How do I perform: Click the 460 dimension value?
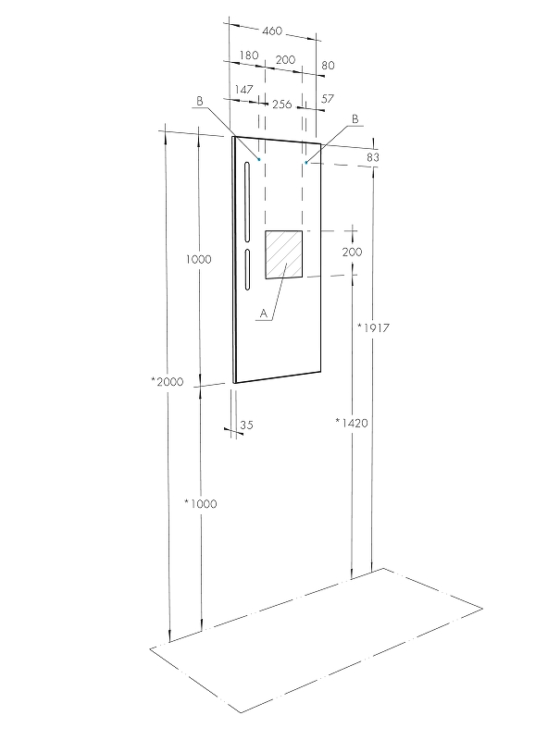point(271,31)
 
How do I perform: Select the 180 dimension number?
point(248,57)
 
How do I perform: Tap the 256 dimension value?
point(281,105)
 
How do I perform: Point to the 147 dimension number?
point(244,90)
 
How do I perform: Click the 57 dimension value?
point(328,97)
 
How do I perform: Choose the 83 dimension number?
point(373,157)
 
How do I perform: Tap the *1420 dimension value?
point(354,423)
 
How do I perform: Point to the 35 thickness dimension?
point(246,425)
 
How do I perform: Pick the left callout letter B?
point(199,101)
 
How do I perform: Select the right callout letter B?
point(355,119)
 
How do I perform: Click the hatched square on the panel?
point(284,254)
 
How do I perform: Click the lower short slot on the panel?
point(247,269)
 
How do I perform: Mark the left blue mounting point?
point(259,160)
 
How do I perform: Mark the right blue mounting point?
point(305,163)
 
